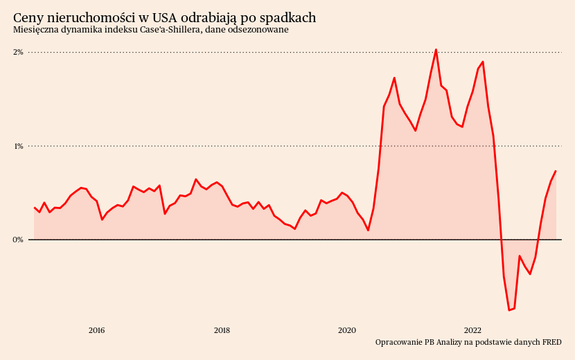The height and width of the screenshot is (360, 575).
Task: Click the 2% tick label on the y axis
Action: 19,52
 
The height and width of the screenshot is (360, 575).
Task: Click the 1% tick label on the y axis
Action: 19,146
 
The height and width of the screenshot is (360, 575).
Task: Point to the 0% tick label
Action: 19,240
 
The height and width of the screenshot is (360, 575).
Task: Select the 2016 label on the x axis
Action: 96,330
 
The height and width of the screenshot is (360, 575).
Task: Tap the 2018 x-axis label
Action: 222,330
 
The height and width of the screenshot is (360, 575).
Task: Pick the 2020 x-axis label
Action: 347,330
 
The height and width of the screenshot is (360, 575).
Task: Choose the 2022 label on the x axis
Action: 472,330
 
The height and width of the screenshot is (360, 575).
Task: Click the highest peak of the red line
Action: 436,50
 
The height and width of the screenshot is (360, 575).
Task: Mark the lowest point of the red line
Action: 509,310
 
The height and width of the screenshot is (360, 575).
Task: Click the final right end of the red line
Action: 556,171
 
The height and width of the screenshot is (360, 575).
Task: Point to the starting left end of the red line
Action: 34,208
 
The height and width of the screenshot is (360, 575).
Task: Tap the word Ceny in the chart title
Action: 28,17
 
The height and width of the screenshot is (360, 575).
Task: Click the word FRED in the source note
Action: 551,342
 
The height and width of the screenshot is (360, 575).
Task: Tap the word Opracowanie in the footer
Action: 398,342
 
